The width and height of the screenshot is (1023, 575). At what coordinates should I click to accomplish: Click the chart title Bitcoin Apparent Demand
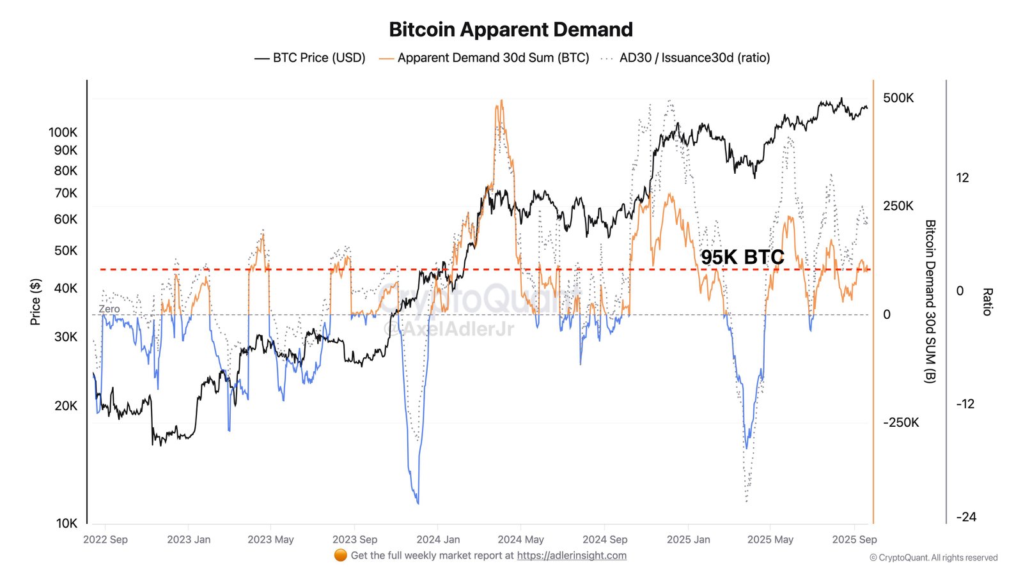[511, 29]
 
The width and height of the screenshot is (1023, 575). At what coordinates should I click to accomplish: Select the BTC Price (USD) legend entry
[310, 57]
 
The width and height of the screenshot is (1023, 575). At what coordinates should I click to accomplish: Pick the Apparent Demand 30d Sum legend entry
[484, 57]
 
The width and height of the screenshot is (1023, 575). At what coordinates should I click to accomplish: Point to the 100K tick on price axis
[63, 132]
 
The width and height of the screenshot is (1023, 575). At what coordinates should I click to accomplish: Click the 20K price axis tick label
[65, 406]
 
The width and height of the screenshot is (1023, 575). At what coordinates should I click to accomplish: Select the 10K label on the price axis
[66, 523]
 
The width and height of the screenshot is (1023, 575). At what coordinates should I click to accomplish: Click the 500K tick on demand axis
[898, 98]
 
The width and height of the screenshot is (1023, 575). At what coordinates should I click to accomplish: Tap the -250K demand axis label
[901, 422]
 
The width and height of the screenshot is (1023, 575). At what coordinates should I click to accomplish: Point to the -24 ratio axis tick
[965, 517]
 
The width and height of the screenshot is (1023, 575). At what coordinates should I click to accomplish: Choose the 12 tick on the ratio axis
[962, 178]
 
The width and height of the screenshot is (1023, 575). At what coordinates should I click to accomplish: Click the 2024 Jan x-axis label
[438, 539]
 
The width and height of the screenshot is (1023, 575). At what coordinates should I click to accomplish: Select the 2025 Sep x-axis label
[854, 539]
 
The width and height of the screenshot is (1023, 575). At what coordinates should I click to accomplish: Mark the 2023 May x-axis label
[270, 539]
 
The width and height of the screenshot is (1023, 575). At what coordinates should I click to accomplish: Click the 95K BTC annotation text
[742, 257]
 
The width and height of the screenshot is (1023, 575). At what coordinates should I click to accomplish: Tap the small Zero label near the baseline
[109, 309]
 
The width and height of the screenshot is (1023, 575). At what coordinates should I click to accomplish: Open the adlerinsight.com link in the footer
[572, 555]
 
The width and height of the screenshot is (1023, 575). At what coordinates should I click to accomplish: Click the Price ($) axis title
[36, 302]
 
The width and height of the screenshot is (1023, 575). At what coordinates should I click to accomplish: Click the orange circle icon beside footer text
[340, 555]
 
